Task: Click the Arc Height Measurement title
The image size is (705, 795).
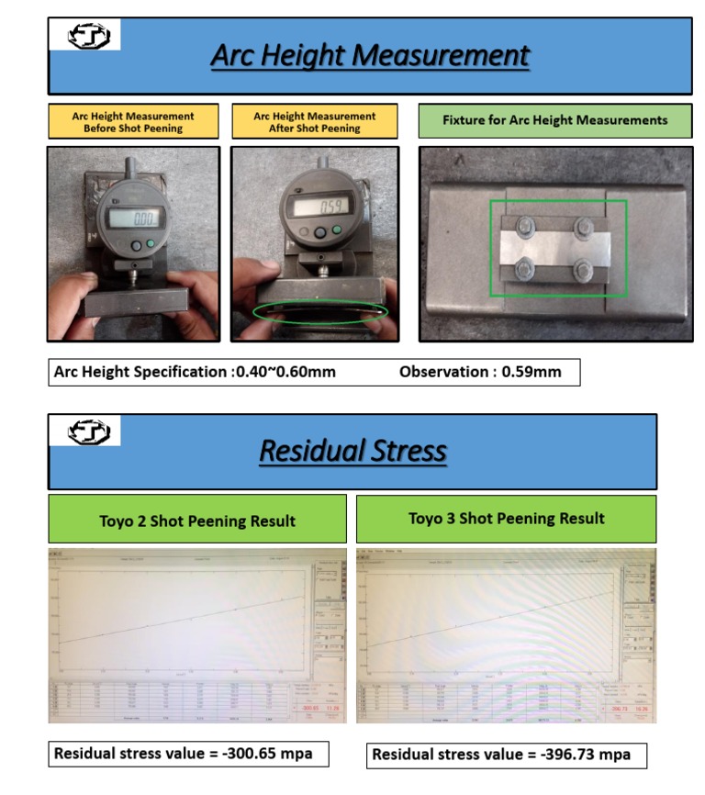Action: coord(370,55)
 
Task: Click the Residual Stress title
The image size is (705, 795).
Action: coord(352,451)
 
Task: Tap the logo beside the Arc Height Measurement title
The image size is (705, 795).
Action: coord(89,37)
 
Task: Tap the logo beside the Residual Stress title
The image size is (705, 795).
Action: coord(89,431)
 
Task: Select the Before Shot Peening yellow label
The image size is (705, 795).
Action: coord(133,122)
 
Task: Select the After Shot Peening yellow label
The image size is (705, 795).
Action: coord(314,122)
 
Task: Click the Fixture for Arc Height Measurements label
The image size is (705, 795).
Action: coord(554,120)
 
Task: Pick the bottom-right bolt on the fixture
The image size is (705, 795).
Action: coord(582,270)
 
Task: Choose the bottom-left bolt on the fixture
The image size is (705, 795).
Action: coord(528,268)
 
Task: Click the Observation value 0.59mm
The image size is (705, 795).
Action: coord(533,372)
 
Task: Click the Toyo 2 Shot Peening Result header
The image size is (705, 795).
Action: coord(197,521)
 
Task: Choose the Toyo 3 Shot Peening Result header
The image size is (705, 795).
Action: coord(506,518)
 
